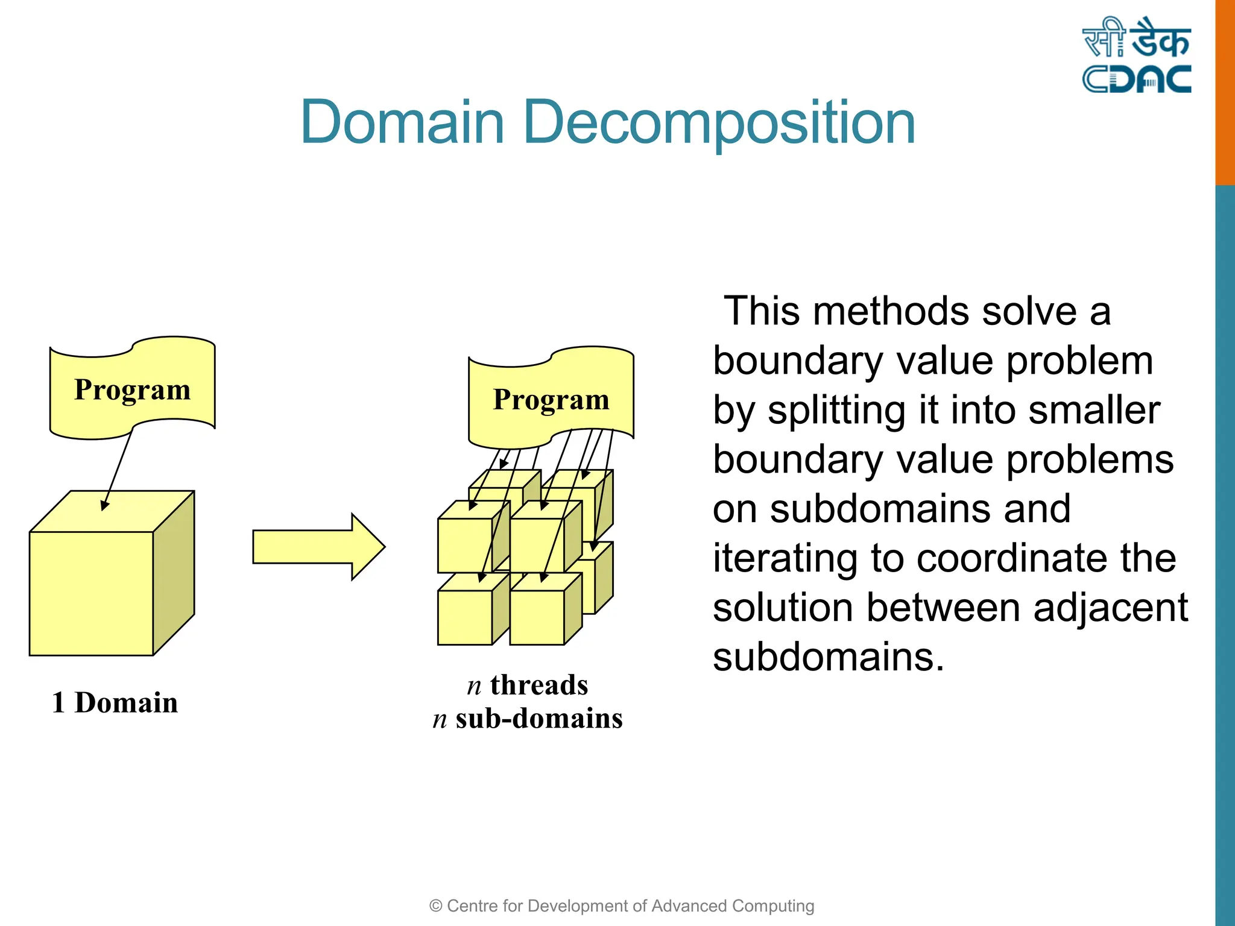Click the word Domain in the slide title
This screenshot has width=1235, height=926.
(x=402, y=123)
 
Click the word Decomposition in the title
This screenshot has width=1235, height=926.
(x=719, y=123)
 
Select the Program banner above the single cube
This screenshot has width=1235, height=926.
(x=132, y=389)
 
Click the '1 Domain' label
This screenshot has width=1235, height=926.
(x=115, y=703)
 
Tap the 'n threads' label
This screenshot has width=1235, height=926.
(x=528, y=685)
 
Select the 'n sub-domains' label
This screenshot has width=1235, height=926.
(x=528, y=719)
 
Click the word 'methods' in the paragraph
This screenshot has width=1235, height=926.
(x=892, y=312)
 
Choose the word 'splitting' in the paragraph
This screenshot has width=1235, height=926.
(x=836, y=411)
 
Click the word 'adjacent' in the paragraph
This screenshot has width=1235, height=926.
(x=1110, y=608)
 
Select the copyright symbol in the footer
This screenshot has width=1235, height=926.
(x=435, y=906)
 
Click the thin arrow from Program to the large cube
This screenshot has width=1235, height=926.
(x=118, y=468)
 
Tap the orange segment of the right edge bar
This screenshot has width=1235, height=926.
(x=1225, y=90)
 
